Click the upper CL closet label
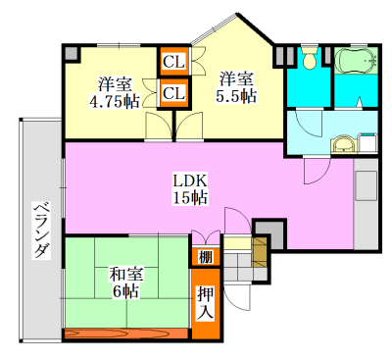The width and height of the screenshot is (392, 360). (173, 63)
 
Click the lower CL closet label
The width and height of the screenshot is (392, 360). (173, 93)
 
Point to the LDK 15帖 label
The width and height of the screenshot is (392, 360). (189, 189)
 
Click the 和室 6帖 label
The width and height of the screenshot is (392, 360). (123, 283)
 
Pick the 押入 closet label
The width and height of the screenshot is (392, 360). (205, 302)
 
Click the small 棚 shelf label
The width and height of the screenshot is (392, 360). (204, 258)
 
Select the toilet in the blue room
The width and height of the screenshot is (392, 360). (310, 60)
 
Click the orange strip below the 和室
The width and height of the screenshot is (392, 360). (125, 334)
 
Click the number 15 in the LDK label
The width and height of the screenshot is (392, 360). (181, 198)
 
